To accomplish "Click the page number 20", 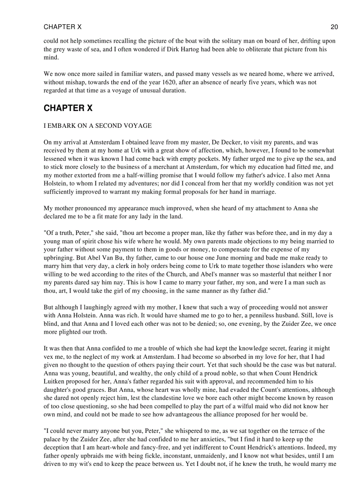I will (x=334, y=27).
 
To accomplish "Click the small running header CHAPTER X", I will (x=62, y=27).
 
